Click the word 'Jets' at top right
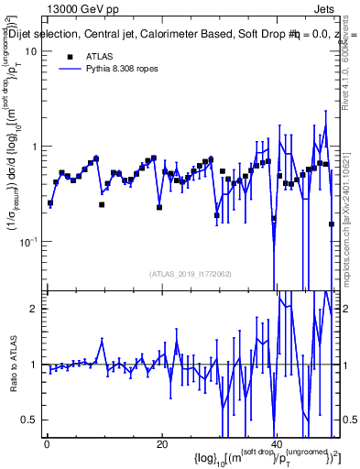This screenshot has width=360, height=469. pyautogui.click(x=326, y=7)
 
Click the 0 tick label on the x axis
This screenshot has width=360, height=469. pyautogui.click(x=46, y=444)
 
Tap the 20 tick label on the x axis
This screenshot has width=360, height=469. pyautogui.click(x=161, y=444)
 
